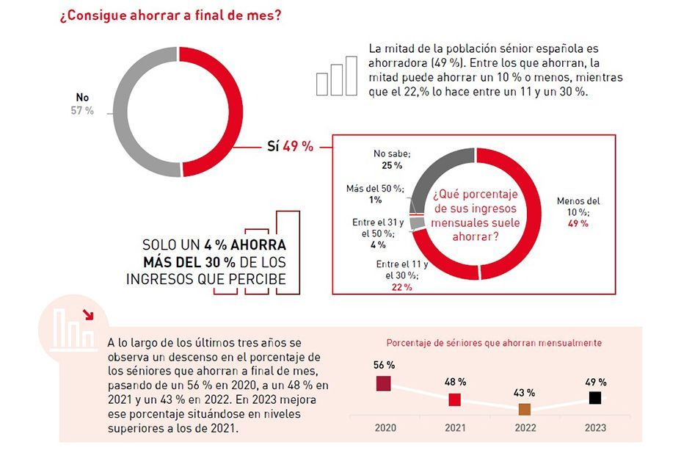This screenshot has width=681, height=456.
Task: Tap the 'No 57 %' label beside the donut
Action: click(85, 104)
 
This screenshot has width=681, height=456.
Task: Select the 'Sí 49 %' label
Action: click(290, 146)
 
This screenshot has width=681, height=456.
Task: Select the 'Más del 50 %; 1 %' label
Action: click(375, 194)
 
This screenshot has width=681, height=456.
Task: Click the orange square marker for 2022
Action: click(525, 410)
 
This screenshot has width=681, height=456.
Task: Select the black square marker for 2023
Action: click(596, 398)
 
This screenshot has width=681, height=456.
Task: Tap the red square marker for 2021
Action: click(455, 399)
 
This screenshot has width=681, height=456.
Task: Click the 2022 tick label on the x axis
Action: click(525, 428)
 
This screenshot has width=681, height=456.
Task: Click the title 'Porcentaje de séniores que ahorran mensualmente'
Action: click(495, 343)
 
